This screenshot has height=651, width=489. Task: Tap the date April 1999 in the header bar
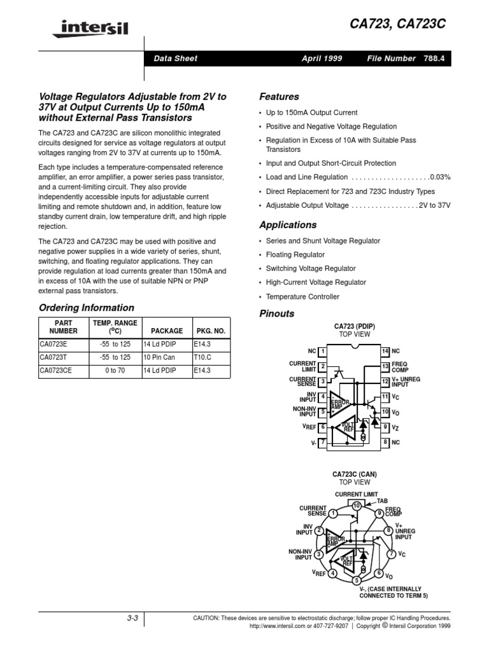(322, 58)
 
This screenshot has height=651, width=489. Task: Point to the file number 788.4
(436, 58)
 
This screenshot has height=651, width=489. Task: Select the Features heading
(279, 97)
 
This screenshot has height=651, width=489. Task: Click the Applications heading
(288, 225)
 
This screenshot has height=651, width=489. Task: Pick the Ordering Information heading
(87, 308)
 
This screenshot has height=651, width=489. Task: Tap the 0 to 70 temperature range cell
(111, 369)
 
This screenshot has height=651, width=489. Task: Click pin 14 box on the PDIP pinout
(385, 351)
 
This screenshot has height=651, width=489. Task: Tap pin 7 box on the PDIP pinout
(323, 441)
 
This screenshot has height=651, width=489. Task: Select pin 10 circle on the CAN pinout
(357, 505)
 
